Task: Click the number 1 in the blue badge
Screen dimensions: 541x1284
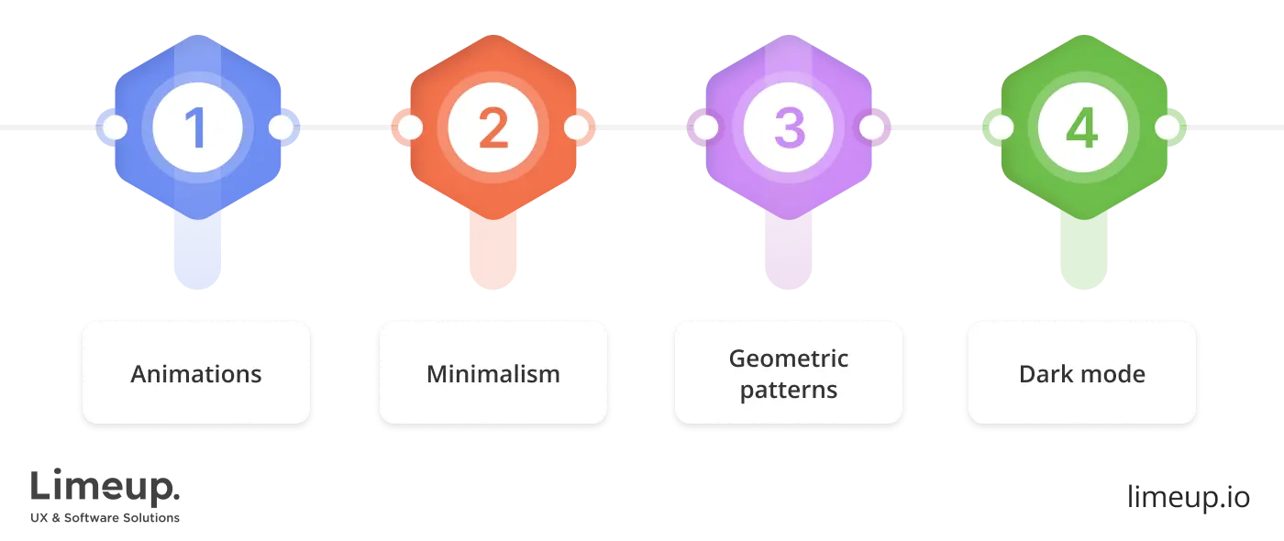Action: tap(197, 128)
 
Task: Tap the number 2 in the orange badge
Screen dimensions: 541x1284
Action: tap(493, 128)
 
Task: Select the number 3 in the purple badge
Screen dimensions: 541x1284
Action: tap(789, 128)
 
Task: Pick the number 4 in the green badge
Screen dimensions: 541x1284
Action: tap(1082, 128)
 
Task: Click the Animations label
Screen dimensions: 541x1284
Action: tap(196, 374)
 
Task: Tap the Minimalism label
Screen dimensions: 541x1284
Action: tap(493, 374)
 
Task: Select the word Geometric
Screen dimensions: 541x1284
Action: tap(789, 359)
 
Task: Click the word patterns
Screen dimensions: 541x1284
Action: tap(789, 390)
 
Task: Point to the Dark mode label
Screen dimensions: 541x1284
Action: tap(1082, 374)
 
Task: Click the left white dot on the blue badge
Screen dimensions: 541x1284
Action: tap(115, 128)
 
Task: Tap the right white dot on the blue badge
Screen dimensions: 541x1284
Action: tap(280, 128)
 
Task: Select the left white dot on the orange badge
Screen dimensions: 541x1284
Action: tap(410, 128)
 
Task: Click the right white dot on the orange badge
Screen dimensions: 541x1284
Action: tap(576, 128)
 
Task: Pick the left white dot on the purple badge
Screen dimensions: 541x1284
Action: tap(705, 128)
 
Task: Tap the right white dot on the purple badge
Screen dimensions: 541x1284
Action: tap(871, 128)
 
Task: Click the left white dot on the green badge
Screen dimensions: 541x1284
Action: tap(1000, 128)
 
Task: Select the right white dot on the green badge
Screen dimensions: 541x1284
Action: tap(1166, 128)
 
